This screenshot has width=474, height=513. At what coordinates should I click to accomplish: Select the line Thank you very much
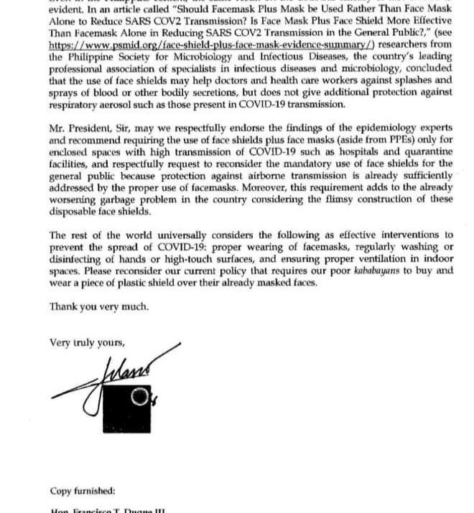[x=99, y=306]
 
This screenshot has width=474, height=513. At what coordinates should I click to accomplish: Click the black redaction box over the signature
[x=130, y=400]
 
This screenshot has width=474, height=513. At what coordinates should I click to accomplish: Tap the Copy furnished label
[x=83, y=491]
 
